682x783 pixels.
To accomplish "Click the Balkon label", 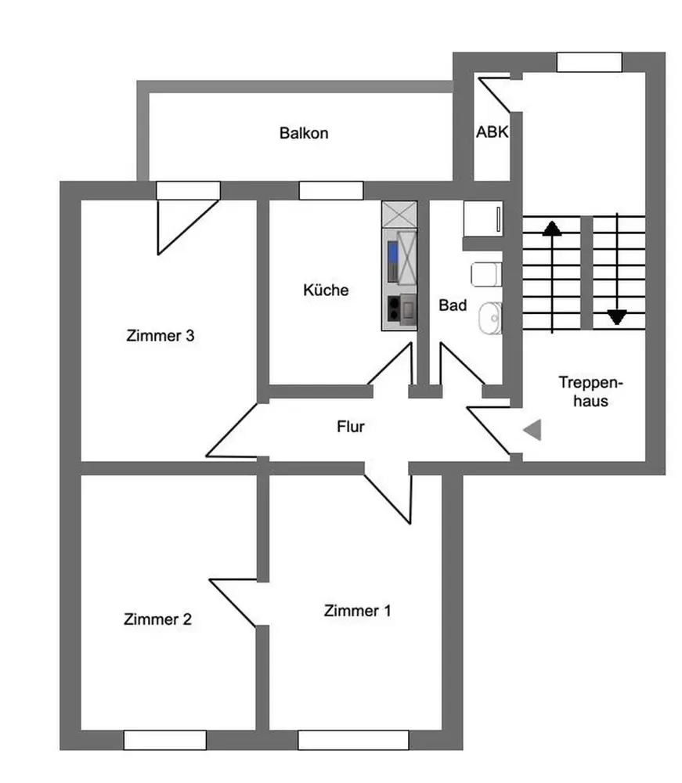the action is point(304,133).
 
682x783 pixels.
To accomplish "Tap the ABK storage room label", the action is point(492,132).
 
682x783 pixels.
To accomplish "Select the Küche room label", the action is point(326,290).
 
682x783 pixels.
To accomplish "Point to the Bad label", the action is point(453,305).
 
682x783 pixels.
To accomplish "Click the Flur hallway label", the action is point(351,427).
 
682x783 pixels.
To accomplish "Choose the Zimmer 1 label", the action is point(357,610).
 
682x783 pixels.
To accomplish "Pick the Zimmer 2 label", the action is point(157,619).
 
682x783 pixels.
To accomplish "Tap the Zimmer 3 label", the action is point(161,336).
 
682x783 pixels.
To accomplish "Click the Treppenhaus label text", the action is point(590,391).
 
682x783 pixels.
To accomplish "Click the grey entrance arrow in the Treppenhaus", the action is point(532,430).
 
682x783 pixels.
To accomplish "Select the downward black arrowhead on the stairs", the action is point(617,317).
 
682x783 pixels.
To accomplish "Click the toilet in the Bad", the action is point(486,274).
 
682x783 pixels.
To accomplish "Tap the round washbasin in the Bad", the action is point(490,318).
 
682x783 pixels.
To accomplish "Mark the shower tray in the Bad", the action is point(483,218).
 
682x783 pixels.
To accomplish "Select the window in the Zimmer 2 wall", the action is point(164,740).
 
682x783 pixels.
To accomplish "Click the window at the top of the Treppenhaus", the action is point(589,63).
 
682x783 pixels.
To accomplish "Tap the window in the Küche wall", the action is point(331,191).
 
